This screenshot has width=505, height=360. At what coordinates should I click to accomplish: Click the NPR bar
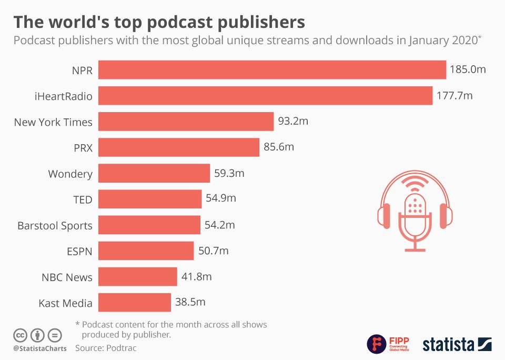point(272,70)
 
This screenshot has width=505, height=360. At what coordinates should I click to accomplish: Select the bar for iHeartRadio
point(265,96)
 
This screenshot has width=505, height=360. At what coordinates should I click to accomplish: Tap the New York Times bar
point(186,122)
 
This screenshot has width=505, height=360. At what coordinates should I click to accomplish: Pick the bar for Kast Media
point(134,303)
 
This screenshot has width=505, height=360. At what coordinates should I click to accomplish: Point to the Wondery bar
point(154,173)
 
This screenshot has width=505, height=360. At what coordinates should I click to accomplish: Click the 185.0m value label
point(468,69)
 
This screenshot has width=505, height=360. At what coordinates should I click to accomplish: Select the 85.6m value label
point(279,147)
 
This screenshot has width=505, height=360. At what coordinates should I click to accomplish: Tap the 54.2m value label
point(219,225)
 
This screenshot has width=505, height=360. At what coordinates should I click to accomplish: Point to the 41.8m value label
point(196,277)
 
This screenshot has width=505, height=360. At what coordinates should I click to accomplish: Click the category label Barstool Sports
point(55,226)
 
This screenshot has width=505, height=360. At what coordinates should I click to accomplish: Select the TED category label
point(83,199)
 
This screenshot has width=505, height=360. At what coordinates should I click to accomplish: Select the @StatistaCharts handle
point(40,348)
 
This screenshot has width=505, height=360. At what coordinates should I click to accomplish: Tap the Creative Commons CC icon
point(20,335)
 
